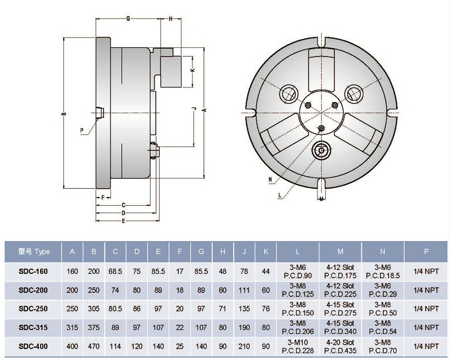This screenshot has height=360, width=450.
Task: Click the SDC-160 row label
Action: click(33, 271)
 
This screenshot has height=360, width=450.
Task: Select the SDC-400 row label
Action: click(33, 346)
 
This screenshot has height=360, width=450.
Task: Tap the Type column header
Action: click(34, 252)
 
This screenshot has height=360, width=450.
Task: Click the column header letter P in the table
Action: click(426, 252)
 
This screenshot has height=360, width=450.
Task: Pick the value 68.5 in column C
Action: click(116, 271)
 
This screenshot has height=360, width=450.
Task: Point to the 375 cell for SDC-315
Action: click(94, 328)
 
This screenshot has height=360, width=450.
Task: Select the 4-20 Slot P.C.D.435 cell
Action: click(341, 346)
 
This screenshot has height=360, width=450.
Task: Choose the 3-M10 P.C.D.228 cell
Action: click(298, 346)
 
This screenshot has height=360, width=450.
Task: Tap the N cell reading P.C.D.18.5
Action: click(383, 271)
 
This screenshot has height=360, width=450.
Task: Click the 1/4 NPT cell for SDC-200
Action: click(426, 290)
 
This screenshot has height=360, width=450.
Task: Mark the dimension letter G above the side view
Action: click(128, 18)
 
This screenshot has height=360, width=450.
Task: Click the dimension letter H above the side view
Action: click(171, 18)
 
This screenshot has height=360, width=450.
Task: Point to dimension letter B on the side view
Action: click(63, 114)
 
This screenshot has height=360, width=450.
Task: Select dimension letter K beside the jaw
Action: click(193, 71)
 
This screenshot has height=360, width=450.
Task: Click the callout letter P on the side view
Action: click(82, 130)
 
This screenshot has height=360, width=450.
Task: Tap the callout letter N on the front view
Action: click(270, 179)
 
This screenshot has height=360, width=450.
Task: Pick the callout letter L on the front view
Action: click(280, 195)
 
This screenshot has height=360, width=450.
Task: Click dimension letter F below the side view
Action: click(103, 197)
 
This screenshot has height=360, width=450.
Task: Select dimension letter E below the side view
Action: click(124, 221)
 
